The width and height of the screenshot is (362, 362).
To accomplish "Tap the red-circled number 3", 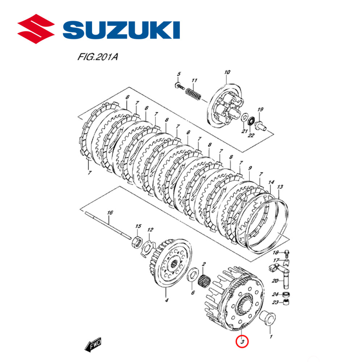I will click(242, 341).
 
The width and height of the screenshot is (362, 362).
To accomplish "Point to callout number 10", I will click(227, 72).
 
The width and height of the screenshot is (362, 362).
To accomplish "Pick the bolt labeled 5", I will click(178, 85).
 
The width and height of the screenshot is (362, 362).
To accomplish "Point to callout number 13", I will click(279, 187).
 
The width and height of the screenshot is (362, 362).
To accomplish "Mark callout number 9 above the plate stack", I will click(249, 168).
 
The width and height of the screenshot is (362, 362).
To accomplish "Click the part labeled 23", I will click(286, 302).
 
